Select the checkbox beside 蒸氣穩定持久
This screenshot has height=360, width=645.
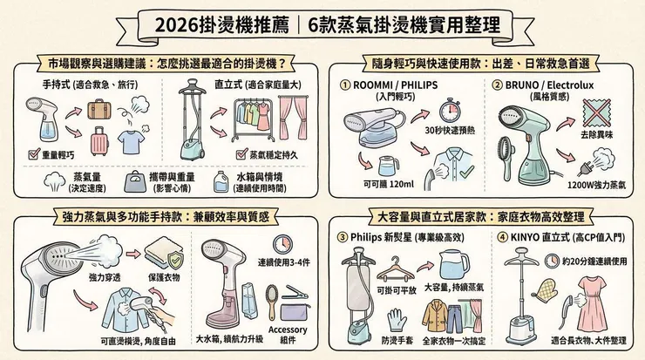(242, 154)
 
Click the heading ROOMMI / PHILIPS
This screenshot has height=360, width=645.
(398, 85)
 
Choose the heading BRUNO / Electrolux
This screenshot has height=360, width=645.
(548, 85)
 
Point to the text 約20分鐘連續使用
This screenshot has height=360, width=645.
(587, 261)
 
